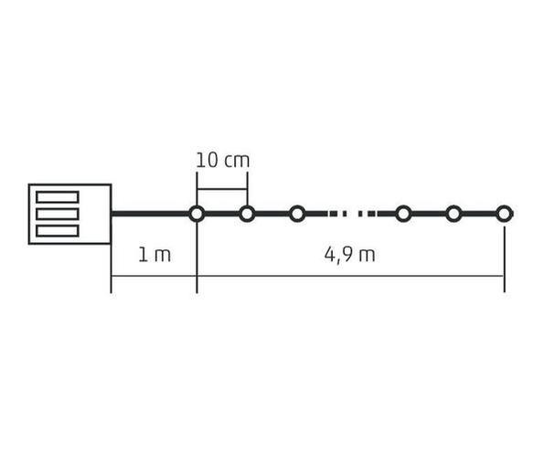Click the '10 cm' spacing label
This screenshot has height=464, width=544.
pos(223,161)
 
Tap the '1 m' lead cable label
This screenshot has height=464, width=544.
pos(155,255)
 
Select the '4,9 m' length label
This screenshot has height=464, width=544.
pos(349,255)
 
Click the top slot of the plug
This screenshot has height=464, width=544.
pos(58,197)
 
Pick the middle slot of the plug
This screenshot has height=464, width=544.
pos(58,214)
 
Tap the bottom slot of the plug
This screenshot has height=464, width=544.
pos(58,231)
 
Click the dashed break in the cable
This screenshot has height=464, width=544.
pos(350,214)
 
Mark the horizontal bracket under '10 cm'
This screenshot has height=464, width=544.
pos(222,189)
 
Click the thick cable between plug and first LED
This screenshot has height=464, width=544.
pos(150,214)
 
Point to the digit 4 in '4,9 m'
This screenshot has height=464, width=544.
pos(329,254)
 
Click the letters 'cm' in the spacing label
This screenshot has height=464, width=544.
pos(237,162)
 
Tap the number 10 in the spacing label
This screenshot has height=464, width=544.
pos(208,161)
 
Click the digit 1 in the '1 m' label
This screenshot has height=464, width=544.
pos(143,255)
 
